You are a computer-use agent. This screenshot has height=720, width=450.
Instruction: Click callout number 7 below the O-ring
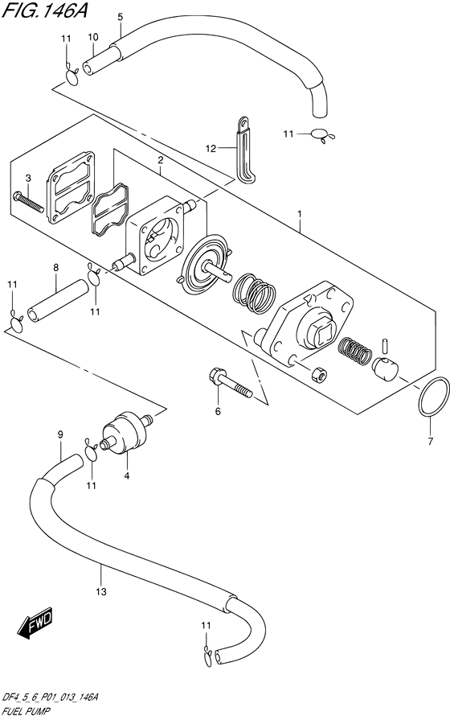click(x=431, y=440)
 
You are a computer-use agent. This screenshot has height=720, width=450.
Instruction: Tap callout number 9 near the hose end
click(x=59, y=435)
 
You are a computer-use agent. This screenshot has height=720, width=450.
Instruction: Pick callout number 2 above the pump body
click(x=161, y=161)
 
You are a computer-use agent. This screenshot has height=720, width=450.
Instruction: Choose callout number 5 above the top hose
click(x=120, y=16)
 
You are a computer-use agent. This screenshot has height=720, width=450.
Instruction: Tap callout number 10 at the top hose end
click(x=93, y=37)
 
